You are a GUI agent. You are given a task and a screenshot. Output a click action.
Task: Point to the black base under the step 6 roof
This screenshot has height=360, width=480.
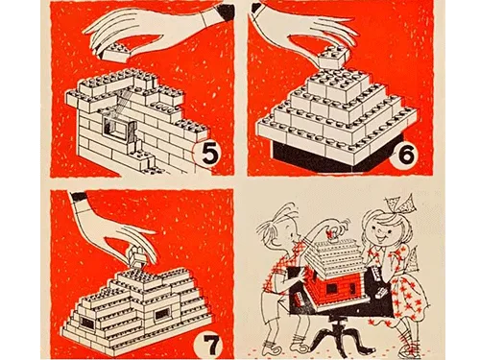pyautogui.click(x=326, y=154)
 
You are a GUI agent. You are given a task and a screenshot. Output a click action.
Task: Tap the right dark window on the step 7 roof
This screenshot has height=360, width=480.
pyautogui.click(x=161, y=314)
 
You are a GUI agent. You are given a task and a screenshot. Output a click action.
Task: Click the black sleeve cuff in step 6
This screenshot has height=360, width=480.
pyautogui.click(x=256, y=9)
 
